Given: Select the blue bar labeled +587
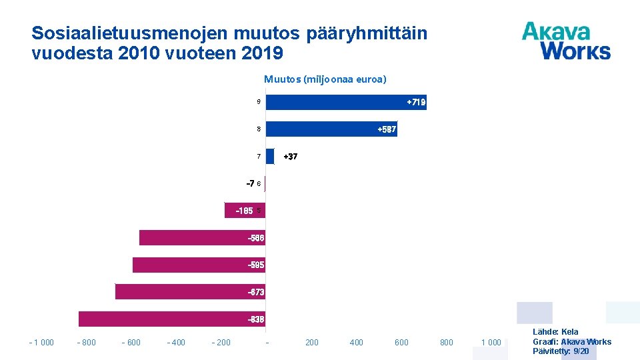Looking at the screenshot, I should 331,129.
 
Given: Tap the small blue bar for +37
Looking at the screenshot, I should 270,157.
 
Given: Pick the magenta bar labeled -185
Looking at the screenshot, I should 245,211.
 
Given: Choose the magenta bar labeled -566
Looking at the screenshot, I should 202,238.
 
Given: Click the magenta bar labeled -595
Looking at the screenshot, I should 199,265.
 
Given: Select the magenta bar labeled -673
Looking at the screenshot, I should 190,292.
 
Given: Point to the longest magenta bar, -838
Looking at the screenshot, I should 172,319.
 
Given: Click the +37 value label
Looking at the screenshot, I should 291,157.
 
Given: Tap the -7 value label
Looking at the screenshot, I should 250,183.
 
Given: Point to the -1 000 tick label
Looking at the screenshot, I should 41,343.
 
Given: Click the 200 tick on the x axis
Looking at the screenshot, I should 311,343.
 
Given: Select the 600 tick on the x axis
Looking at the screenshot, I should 401,343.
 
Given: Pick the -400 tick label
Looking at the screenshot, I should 176,343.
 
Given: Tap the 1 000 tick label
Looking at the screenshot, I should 491,343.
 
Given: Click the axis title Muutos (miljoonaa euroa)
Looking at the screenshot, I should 325,79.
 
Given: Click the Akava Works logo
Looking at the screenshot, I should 566,41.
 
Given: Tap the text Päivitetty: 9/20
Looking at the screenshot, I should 561,351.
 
